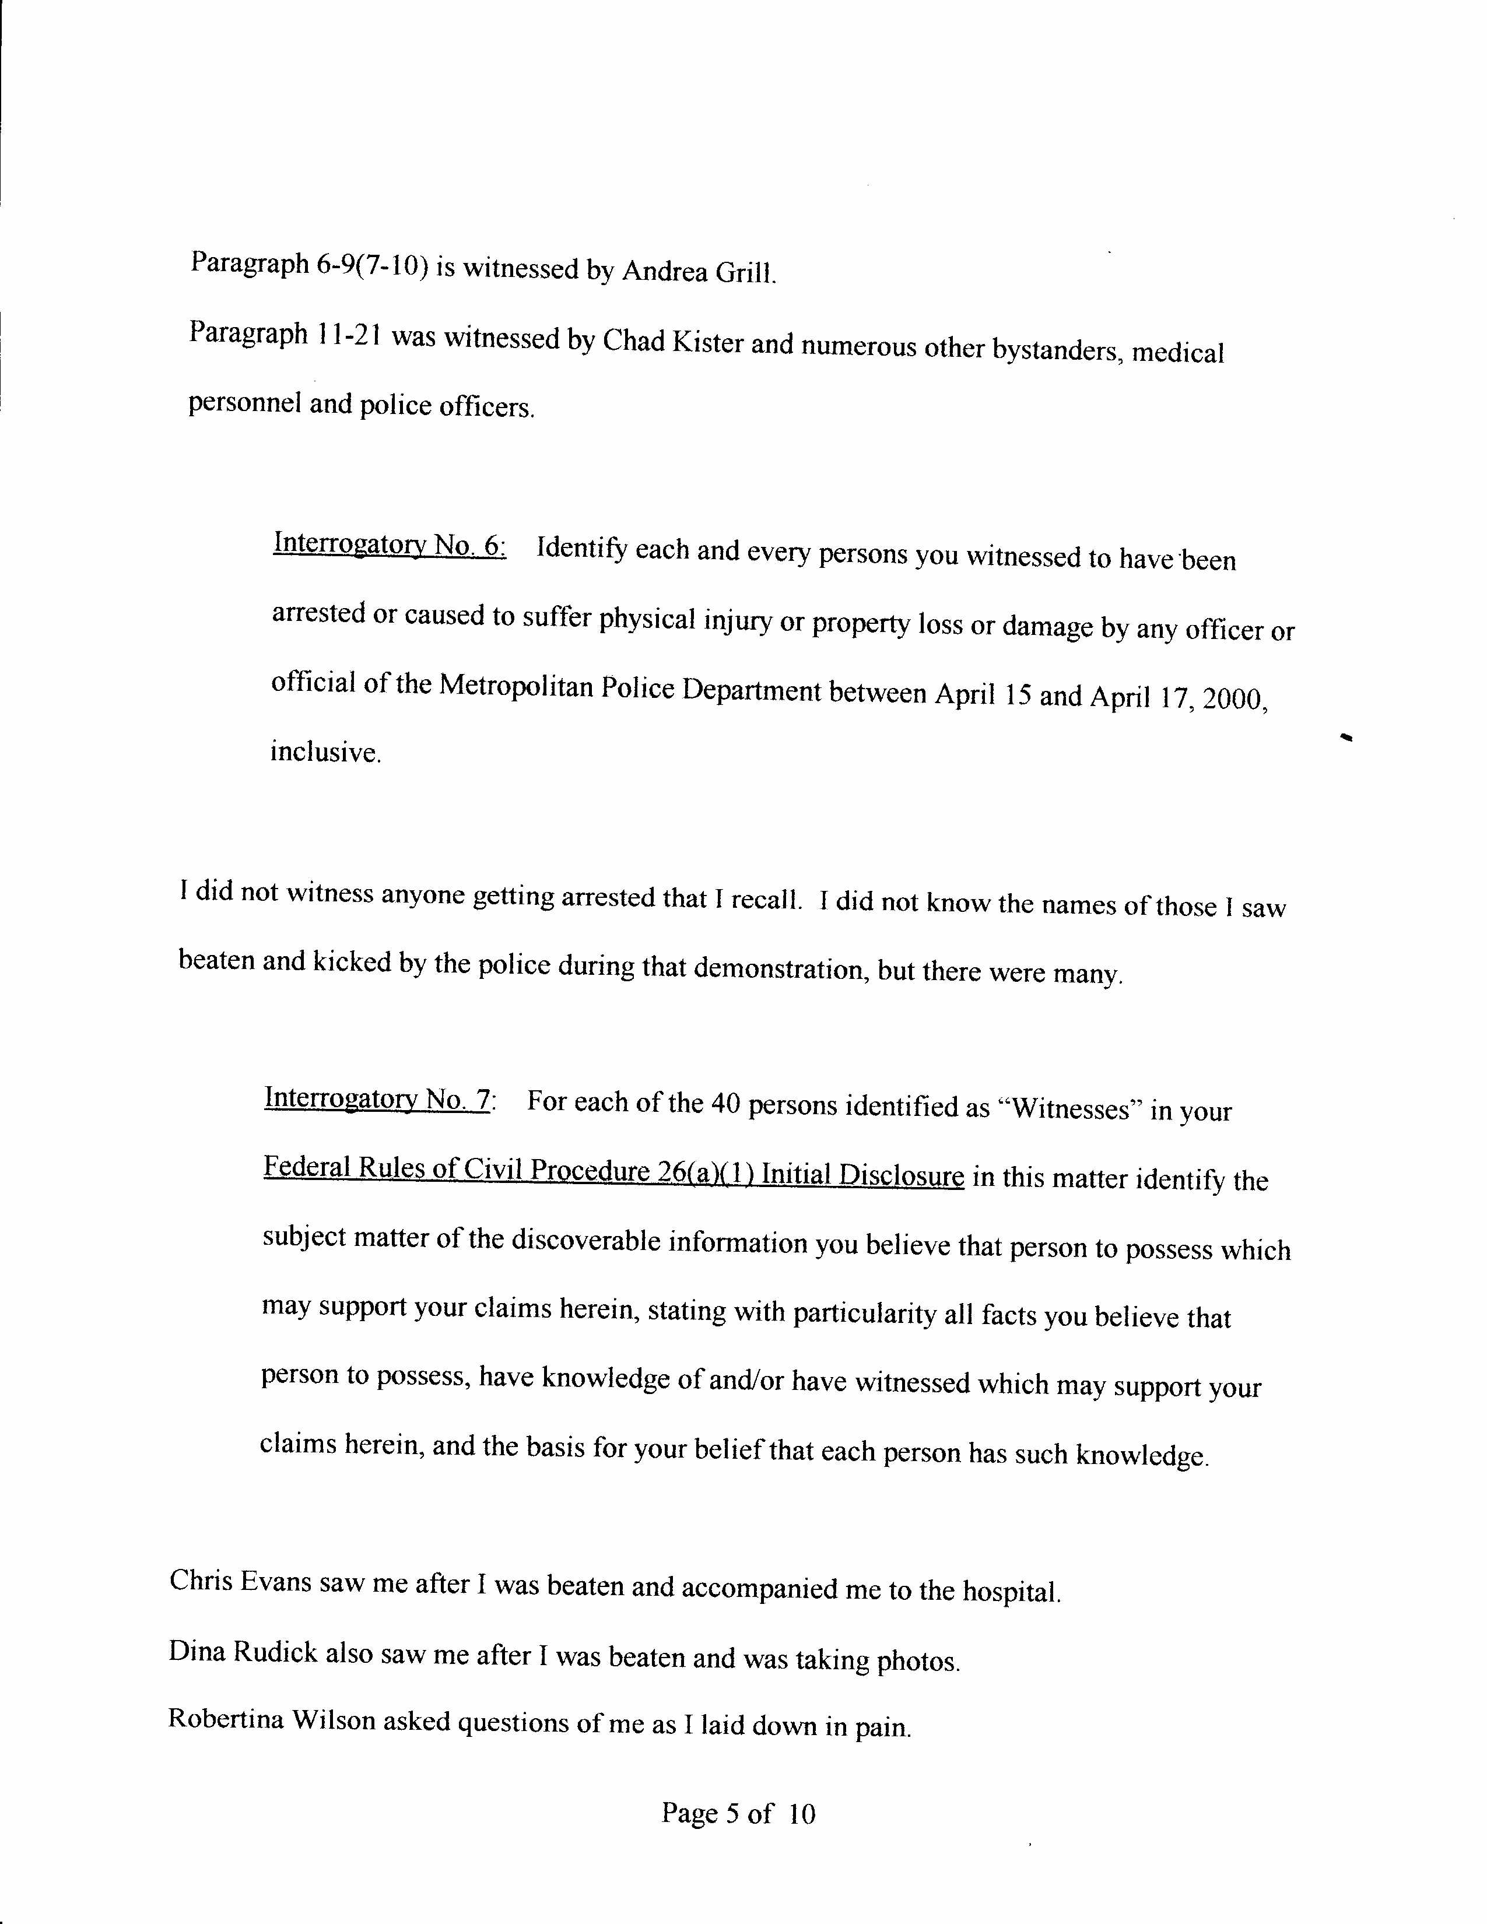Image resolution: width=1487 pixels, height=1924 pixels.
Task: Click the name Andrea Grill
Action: pos(699,271)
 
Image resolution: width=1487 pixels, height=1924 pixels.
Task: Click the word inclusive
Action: pos(325,752)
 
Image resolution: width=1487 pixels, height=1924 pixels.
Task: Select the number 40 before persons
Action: pos(723,1105)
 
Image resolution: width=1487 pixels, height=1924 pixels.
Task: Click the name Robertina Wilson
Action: pos(271,1721)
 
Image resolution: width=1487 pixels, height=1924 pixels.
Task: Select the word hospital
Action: pos(1011,1591)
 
